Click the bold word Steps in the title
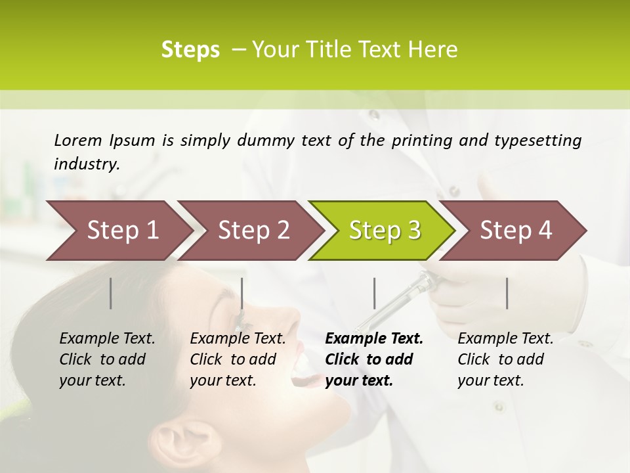click(190, 50)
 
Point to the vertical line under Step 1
click(111, 293)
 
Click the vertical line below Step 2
click(242, 293)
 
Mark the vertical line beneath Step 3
click(374, 293)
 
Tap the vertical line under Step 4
click(507, 293)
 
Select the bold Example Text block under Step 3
click(374, 359)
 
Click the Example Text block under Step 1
click(107, 359)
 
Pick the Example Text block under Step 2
click(238, 359)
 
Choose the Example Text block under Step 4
click(505, 359)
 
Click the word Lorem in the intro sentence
click(77, 140)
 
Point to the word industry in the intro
click(86, 164)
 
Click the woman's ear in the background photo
click(176, 437)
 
